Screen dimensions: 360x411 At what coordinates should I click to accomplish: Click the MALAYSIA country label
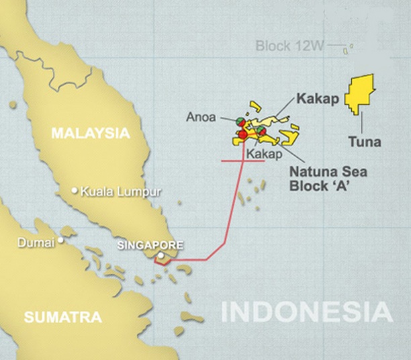coord(90,133)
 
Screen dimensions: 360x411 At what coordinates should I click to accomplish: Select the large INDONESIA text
coord(307,312)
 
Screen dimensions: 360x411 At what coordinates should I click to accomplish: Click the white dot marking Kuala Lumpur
coord(75,191)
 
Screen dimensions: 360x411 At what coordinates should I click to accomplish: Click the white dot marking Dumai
coord(60,239)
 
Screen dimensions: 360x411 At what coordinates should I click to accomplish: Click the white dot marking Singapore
coord(161,256)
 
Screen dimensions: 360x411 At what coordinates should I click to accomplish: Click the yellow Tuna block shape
coord(361,94)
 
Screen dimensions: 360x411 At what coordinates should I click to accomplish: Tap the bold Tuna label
coord(365,142)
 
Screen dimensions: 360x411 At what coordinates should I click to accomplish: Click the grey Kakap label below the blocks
coord(263,154)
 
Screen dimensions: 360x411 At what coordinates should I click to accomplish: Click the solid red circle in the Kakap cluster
coord(242,135)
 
